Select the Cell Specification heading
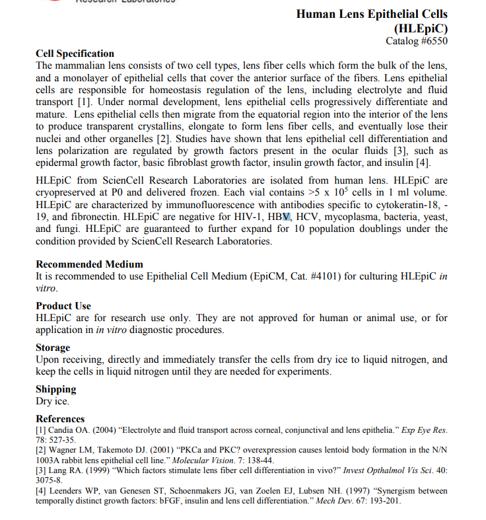75,54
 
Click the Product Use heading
63,306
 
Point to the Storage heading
53,348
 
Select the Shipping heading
55,389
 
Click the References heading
60,419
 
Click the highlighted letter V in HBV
285,216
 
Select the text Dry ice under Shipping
52,401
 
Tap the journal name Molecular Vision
200,460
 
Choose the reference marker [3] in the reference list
40,470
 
